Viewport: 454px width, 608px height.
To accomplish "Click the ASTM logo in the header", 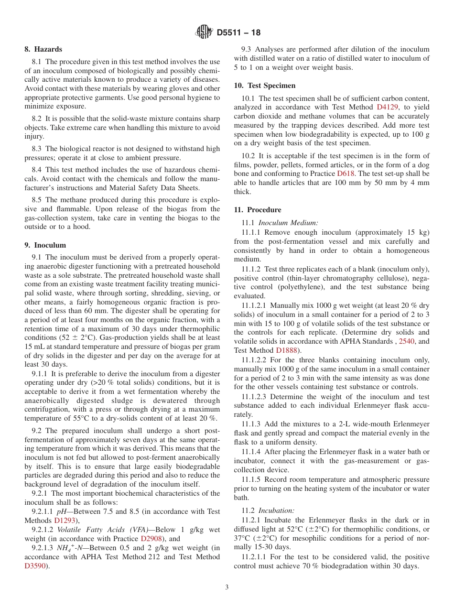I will coord(204,33).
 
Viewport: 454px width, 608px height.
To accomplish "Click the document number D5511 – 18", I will coord(238,33).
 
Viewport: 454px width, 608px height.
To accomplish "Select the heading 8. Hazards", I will coord(43,49).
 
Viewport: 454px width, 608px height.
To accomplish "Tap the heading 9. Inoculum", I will coord(45,245).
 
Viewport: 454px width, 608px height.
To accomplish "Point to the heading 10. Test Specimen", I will coord(264,86).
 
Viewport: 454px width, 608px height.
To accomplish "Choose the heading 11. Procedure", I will coord(257,210).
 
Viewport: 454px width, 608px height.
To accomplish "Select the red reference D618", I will coord(346,174).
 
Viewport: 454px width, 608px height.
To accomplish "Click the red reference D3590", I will coord(34,566).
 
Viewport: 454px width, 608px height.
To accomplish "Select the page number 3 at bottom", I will coord(227,587).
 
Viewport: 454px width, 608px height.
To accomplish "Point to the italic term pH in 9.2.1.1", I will coord(62,511).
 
